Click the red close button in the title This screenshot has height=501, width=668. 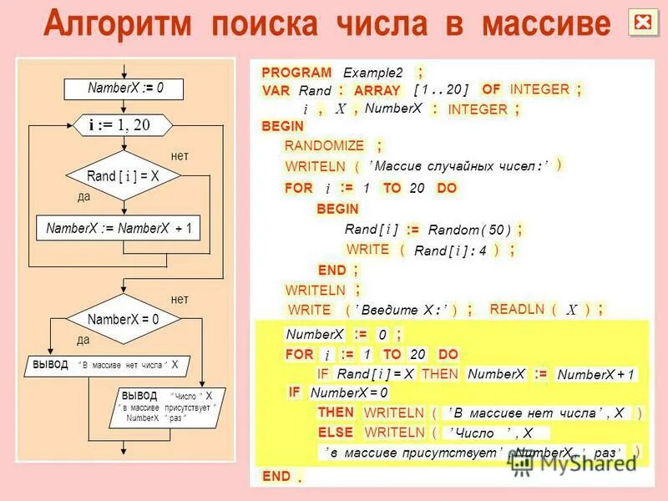point(643,23)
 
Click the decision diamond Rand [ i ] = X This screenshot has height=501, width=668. point(123,176)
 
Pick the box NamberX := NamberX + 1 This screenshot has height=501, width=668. point(119,228)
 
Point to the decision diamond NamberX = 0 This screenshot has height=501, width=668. point(123,319)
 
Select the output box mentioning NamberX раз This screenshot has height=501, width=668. point(167,407)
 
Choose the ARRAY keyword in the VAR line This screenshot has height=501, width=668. point(377,90)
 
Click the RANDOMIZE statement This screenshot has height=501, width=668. point(325,145)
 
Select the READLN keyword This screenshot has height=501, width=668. point(518,309)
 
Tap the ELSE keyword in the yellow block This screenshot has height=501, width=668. point(336,433)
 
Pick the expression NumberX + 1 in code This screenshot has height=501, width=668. point(595,375)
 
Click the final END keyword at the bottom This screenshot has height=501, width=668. point(276,476)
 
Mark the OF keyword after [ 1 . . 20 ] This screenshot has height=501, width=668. point(491,89)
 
